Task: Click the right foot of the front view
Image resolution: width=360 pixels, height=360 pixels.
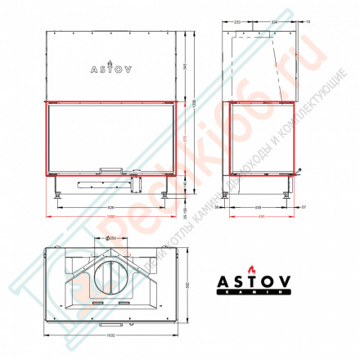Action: tap(166, 195)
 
